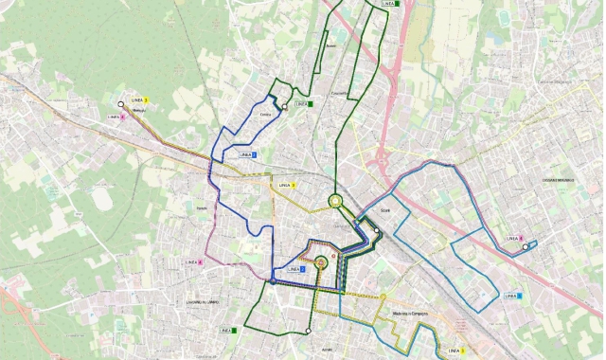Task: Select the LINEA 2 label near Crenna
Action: tap(248, 153)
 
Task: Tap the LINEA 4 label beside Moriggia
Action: tap(116, 117)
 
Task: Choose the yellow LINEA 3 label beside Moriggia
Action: tap(139, 99)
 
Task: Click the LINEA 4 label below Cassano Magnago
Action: tap(514, 239)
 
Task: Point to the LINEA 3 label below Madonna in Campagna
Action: tap(456, 351)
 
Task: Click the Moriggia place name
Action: tap(140, 111)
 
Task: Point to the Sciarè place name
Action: tap(384, 210)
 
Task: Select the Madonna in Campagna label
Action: tap(411, 315)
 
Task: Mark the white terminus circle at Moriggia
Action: tap(120, 104)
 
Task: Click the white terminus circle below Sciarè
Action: tap(376, 230)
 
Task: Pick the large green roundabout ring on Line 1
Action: tap(334, 200)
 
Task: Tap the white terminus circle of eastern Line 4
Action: tap(526, 247)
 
